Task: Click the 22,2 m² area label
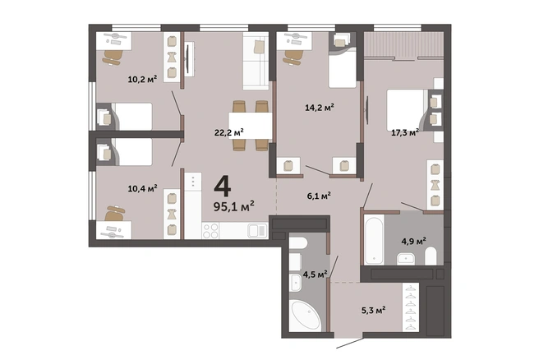(229, 132)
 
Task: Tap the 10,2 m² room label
(142, 79)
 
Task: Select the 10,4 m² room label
(142, 188)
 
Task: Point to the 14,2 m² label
(320, 108)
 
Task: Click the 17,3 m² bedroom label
(405, 132)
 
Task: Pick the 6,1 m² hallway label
(319, 196)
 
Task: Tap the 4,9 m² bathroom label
(413, 241)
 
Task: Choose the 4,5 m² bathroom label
(315, 274)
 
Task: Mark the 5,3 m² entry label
(373, 310)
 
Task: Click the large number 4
(223, 186)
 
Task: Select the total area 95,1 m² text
(233, 206)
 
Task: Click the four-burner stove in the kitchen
(210, 231)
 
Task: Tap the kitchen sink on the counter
(258, 231)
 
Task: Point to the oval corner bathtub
(306, 316)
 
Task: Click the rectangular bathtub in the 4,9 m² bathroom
(374, 240)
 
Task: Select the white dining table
(251, 126)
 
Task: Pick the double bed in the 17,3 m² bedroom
(408, 110)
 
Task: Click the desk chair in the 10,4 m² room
(114, 213)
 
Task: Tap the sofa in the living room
(256, 61)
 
